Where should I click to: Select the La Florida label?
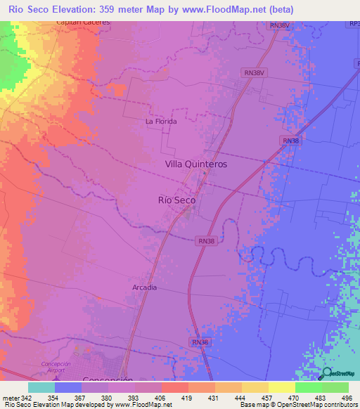pos(160,121)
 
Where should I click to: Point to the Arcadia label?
pos(144,287)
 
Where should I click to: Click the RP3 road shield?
pos(354,25)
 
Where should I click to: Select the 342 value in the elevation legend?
pos(27,398)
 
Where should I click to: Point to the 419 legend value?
pos(188,398)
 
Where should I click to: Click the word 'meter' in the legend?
pos(10,398)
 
